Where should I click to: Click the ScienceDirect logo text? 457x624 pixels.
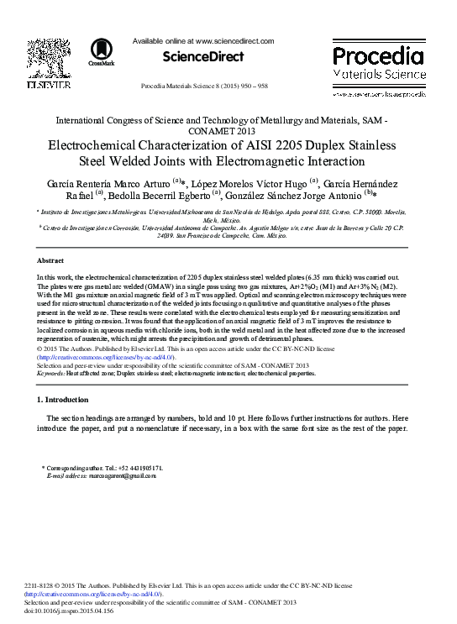pyautogui.click(x=204, y=57)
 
